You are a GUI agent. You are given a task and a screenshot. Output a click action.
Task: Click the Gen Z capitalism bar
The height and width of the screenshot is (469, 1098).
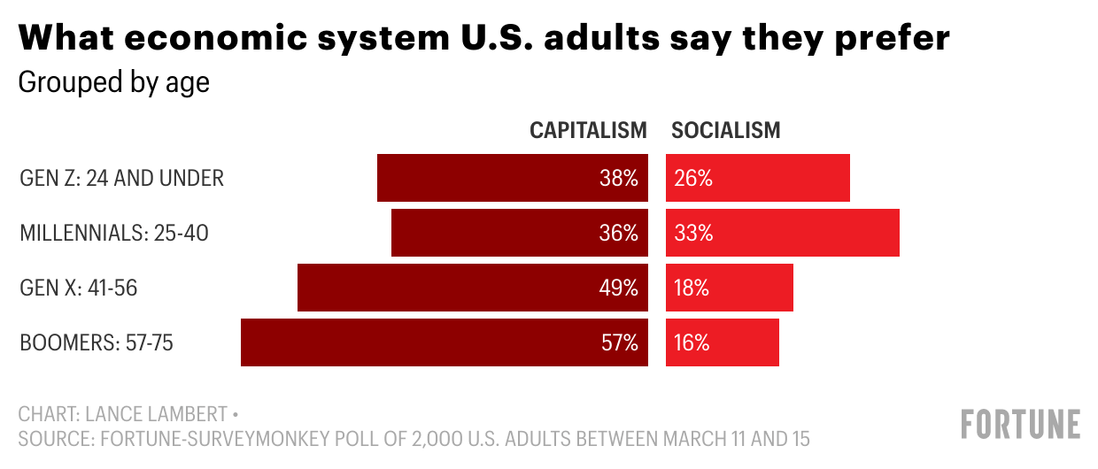pos(496,178)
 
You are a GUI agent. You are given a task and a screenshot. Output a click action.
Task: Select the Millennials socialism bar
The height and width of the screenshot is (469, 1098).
pos(783,233)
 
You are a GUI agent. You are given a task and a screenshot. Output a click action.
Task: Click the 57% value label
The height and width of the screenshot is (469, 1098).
pos(619,342)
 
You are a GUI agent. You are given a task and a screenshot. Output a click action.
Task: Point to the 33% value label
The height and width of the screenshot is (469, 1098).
pos(692,233)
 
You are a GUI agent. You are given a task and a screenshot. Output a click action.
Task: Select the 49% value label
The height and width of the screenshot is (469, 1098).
pos(619,288)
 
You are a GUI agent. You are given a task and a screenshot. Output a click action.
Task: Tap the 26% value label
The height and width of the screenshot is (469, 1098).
pos(692,178)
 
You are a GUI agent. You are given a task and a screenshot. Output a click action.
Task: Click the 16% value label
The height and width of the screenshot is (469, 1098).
pos(692,342)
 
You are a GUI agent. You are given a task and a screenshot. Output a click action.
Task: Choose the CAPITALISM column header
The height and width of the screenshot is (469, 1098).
pos(588,130)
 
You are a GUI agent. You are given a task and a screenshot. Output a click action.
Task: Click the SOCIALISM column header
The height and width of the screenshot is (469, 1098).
pos(726,130)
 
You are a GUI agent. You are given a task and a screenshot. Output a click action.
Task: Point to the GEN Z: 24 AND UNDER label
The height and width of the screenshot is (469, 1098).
pos(121,178)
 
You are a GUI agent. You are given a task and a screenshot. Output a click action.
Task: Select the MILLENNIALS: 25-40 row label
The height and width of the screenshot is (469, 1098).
pos(114,233)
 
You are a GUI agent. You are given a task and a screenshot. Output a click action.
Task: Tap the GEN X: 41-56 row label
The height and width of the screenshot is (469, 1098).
pos(78,288)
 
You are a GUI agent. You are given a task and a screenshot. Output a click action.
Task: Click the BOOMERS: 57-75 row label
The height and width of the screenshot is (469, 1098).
pos(96,342)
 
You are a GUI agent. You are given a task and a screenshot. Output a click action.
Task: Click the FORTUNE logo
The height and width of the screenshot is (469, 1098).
pos(1021,424)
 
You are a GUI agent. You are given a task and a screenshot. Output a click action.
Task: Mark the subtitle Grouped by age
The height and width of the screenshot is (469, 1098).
pos(113,82)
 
